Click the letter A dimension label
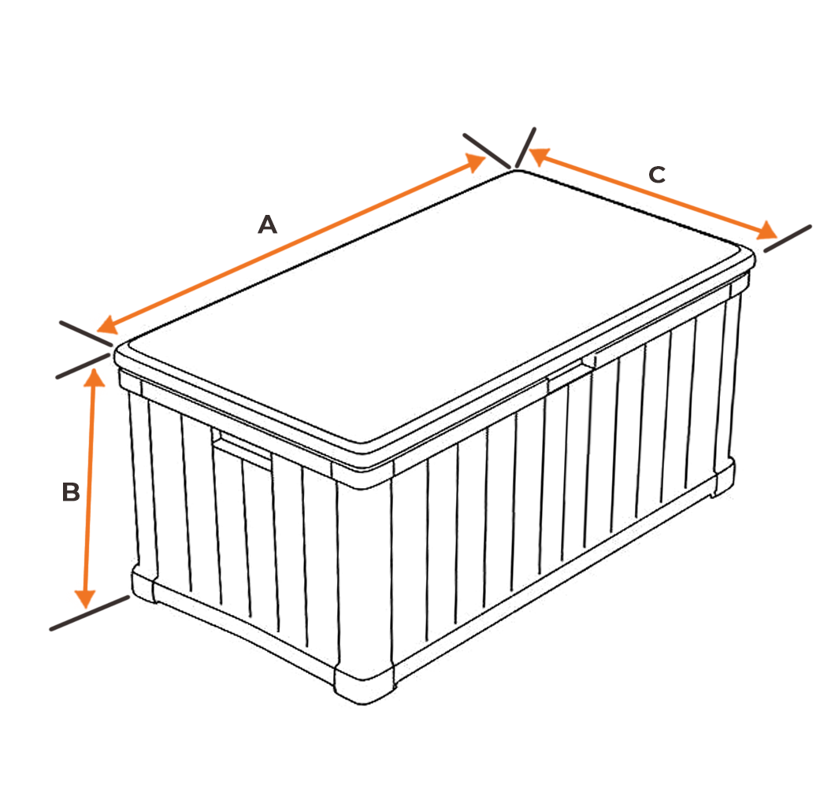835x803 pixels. pyautogui.click(x=268, y=225)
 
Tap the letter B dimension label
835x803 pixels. pyautogui.click(x=71, y=493)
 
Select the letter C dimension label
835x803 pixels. pyautogui.click(x=656, y=175)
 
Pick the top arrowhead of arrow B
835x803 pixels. pyautogui.click(x=95, y=378)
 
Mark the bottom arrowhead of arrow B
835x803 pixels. pyautogui.click(x=86, y=598)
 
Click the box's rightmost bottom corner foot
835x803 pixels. pyautogui.click(x=723, y=477)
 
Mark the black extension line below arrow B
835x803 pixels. pyautogui.click(x=88, y=613)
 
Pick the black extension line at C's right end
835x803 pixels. pyautogui.click(x=787, y=239)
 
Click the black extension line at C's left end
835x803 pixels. pyautogui.click(x=525, y=147)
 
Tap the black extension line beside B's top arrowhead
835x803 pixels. pyautogui.click(x=81, y=367)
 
